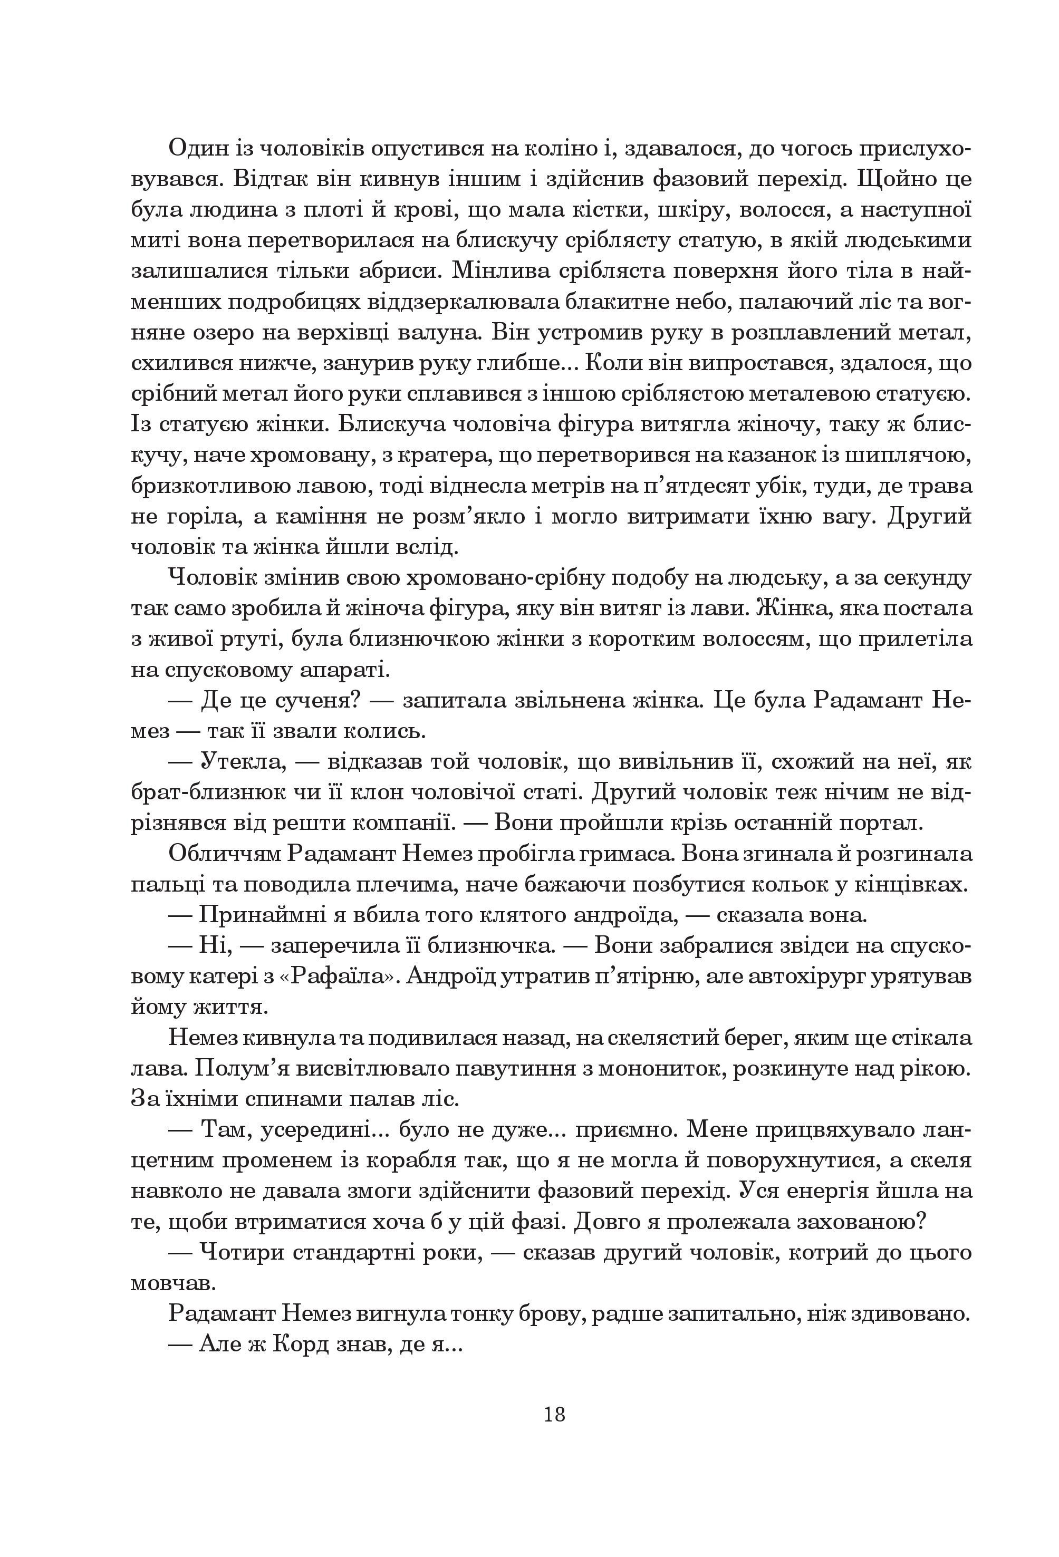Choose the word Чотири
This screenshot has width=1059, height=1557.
click(x=240, y=1253)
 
